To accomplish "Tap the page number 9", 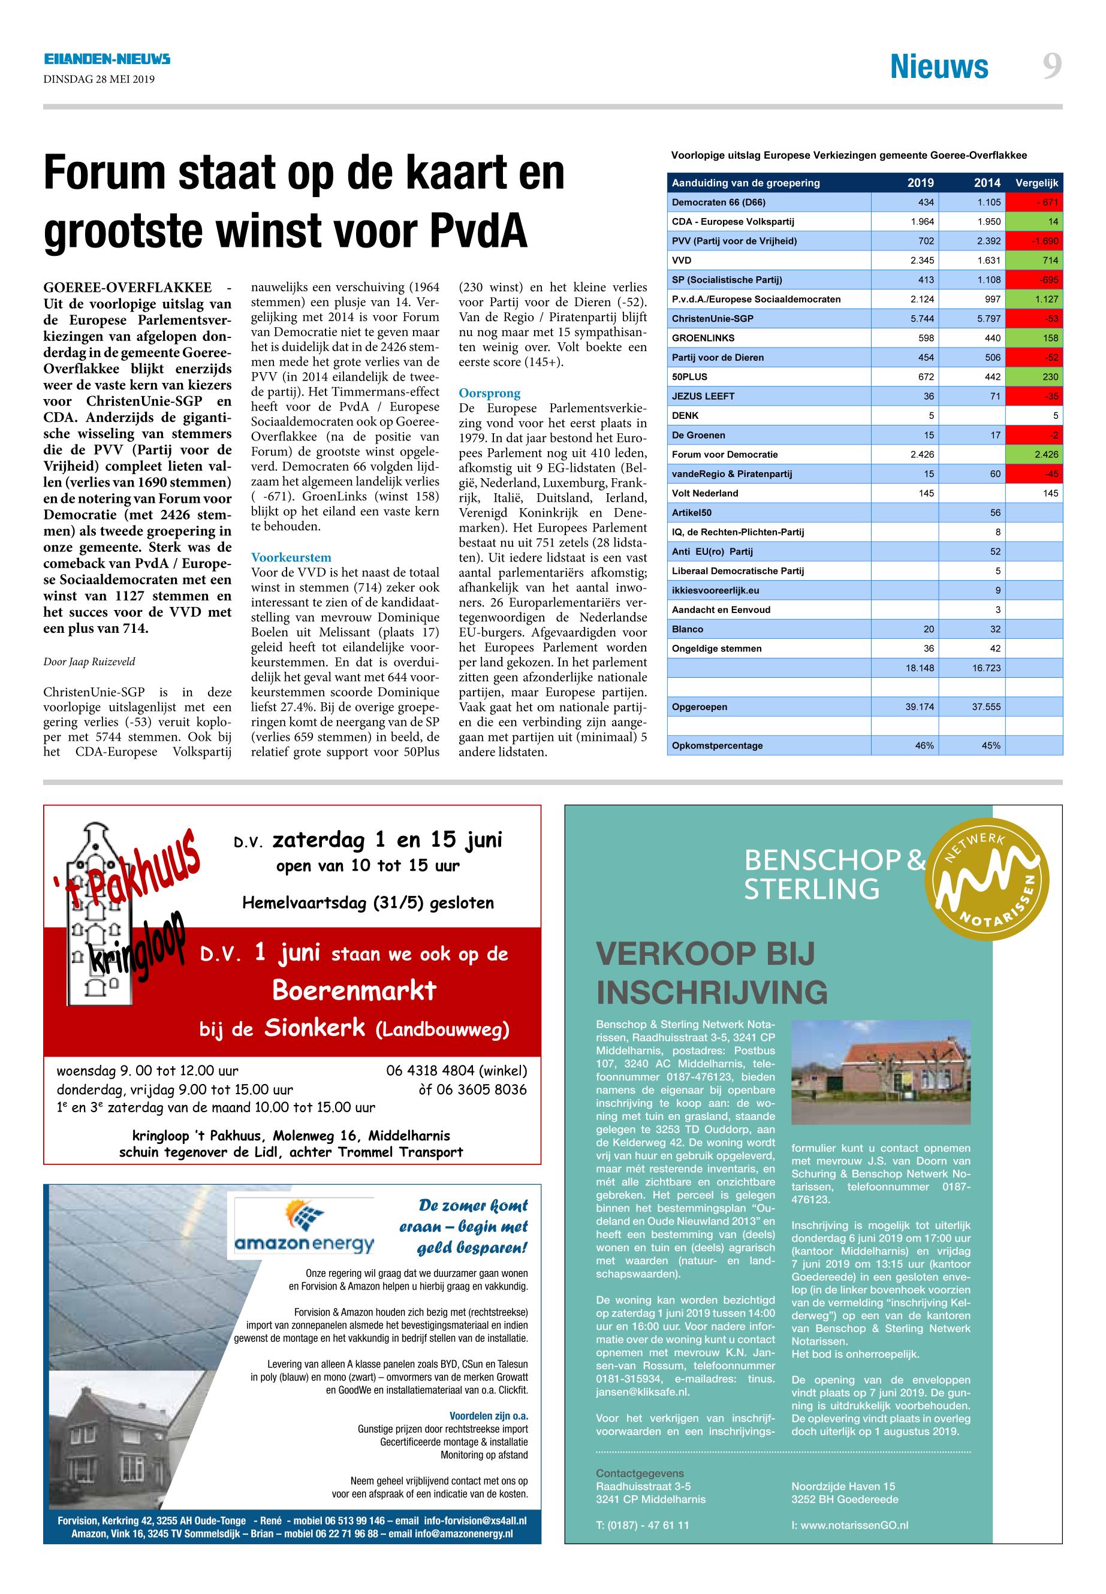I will (x=1052, y=67).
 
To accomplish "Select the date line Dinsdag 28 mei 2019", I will (x=99, y=79).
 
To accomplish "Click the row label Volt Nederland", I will (x=705, y=493).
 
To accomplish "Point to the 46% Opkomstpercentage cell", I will (x=924, y=745).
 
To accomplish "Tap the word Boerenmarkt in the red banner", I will (x=354, y=991).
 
